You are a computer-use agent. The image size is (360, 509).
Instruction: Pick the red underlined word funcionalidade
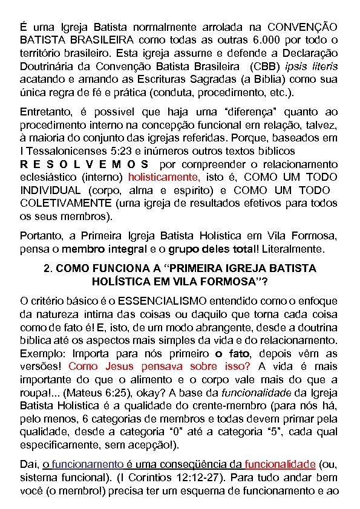pyautogui.click(x=280, y=464)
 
